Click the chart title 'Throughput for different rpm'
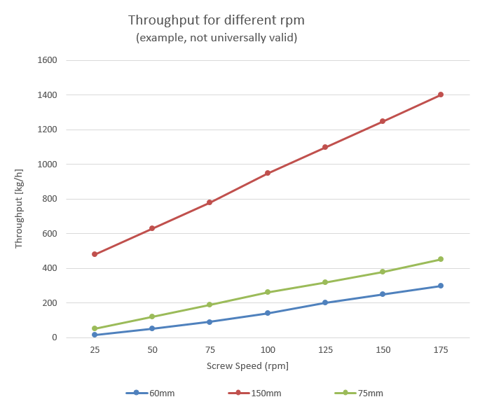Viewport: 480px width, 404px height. pos(216,20)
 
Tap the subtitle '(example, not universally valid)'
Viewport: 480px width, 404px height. pos(216,38)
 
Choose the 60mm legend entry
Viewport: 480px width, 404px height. pos(150,393)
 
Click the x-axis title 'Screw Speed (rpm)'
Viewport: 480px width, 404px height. pos(247,365)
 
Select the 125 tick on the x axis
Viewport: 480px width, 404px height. pos(325,349)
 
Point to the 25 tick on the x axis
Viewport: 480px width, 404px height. pos(95,349)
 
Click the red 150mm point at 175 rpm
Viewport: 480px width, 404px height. pos(441,95)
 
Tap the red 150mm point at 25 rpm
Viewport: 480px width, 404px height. pos(95,254)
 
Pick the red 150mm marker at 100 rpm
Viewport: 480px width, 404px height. pos(268,173)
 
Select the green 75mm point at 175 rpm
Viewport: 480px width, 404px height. pos(441,259)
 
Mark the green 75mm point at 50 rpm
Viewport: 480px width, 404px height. pos(152,316)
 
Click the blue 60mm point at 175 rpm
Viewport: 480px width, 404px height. pos(441,286)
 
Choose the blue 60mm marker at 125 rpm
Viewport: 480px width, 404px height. pos(325,302)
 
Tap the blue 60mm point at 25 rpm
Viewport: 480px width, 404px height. pos(95,335)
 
